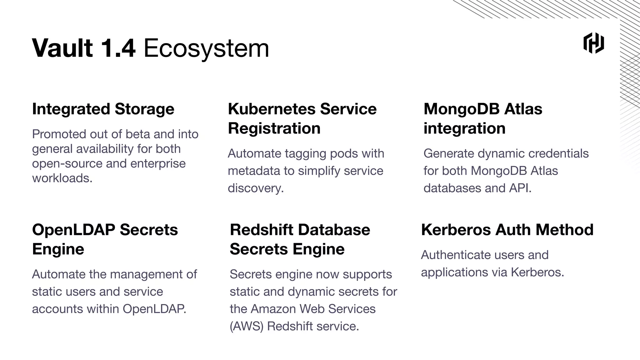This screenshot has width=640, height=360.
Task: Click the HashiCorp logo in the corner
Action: tap(593, 43)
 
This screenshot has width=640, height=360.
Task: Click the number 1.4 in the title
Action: tap(118, 48)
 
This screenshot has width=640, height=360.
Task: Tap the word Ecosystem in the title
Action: tap(206, 48)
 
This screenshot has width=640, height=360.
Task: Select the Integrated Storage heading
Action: tap(103, 109)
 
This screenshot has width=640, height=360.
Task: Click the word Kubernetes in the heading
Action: tap(272, 109)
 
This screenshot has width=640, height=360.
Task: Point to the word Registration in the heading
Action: tap(274, 128)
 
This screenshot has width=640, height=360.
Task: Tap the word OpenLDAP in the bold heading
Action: tap(73, 230)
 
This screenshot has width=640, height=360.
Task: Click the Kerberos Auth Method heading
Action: tap(507, 230)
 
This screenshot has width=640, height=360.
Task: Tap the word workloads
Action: tap(62, 178)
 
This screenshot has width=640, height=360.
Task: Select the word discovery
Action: tap(255, 188)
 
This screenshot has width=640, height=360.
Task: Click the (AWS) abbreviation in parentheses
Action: tap(247, 326)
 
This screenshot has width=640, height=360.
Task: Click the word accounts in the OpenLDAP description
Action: tap(57, 309)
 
